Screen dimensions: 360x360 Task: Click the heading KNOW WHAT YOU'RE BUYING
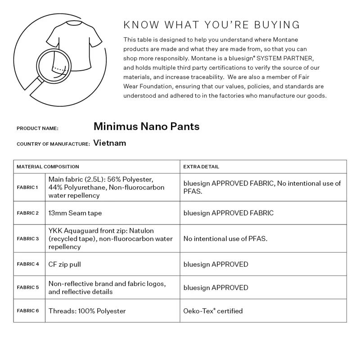tap(212, 24)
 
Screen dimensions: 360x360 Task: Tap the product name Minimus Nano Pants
tap(146, 126)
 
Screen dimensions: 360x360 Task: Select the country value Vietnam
tap(110, 144)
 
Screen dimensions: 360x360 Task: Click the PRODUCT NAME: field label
tap(37, 129)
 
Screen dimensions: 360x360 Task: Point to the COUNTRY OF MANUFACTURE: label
tap(53, 144)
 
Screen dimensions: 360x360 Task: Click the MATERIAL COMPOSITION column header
tap(48, 167)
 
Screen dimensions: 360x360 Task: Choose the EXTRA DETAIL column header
tap(201, 167)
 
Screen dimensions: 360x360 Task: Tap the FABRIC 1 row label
tap(28, 187)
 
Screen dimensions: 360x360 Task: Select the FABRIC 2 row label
tap(28, 213)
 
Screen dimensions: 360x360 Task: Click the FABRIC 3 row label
tap(28, 238)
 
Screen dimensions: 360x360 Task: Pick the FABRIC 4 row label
tap(28, 264)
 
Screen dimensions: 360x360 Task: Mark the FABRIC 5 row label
tap(28, 288)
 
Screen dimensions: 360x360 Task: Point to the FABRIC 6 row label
tap(28, 311)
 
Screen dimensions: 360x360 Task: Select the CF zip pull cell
tap(65, 264)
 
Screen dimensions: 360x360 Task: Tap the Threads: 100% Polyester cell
tap(87, 311)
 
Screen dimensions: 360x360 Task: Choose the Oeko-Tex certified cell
tap(213, 311)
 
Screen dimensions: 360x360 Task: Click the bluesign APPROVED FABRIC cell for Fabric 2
tap(228, 213)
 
